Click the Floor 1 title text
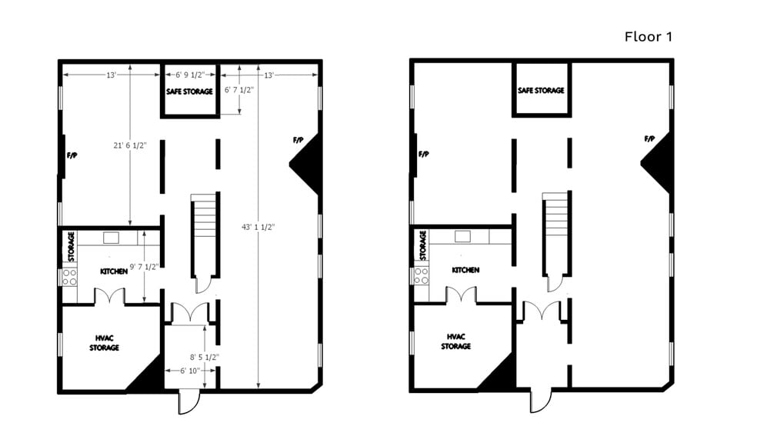[x=648, y=37]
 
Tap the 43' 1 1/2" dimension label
[x=258, y=228]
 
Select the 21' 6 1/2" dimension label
[x=130, y=145]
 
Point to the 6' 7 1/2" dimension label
[x=239, y=90]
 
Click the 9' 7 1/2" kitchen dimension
[x=144, y=267]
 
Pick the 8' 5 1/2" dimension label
[x=204, y=358]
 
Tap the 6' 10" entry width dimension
[x=190, y=371]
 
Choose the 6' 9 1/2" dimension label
[x=190, y=75]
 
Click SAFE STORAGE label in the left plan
[x=189, y=92]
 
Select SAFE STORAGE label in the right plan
[x=541, y=90]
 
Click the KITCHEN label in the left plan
[x=114, y=271]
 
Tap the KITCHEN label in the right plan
[x=465, y=270]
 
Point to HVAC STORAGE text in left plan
[x=105, y=343]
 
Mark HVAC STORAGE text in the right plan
[x=455, y=341]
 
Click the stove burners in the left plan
[x=69, y=277]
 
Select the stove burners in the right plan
[x=421, y=275]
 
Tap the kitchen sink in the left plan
[x=111, y=238]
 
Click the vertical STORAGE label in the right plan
[x=423, y=245]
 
